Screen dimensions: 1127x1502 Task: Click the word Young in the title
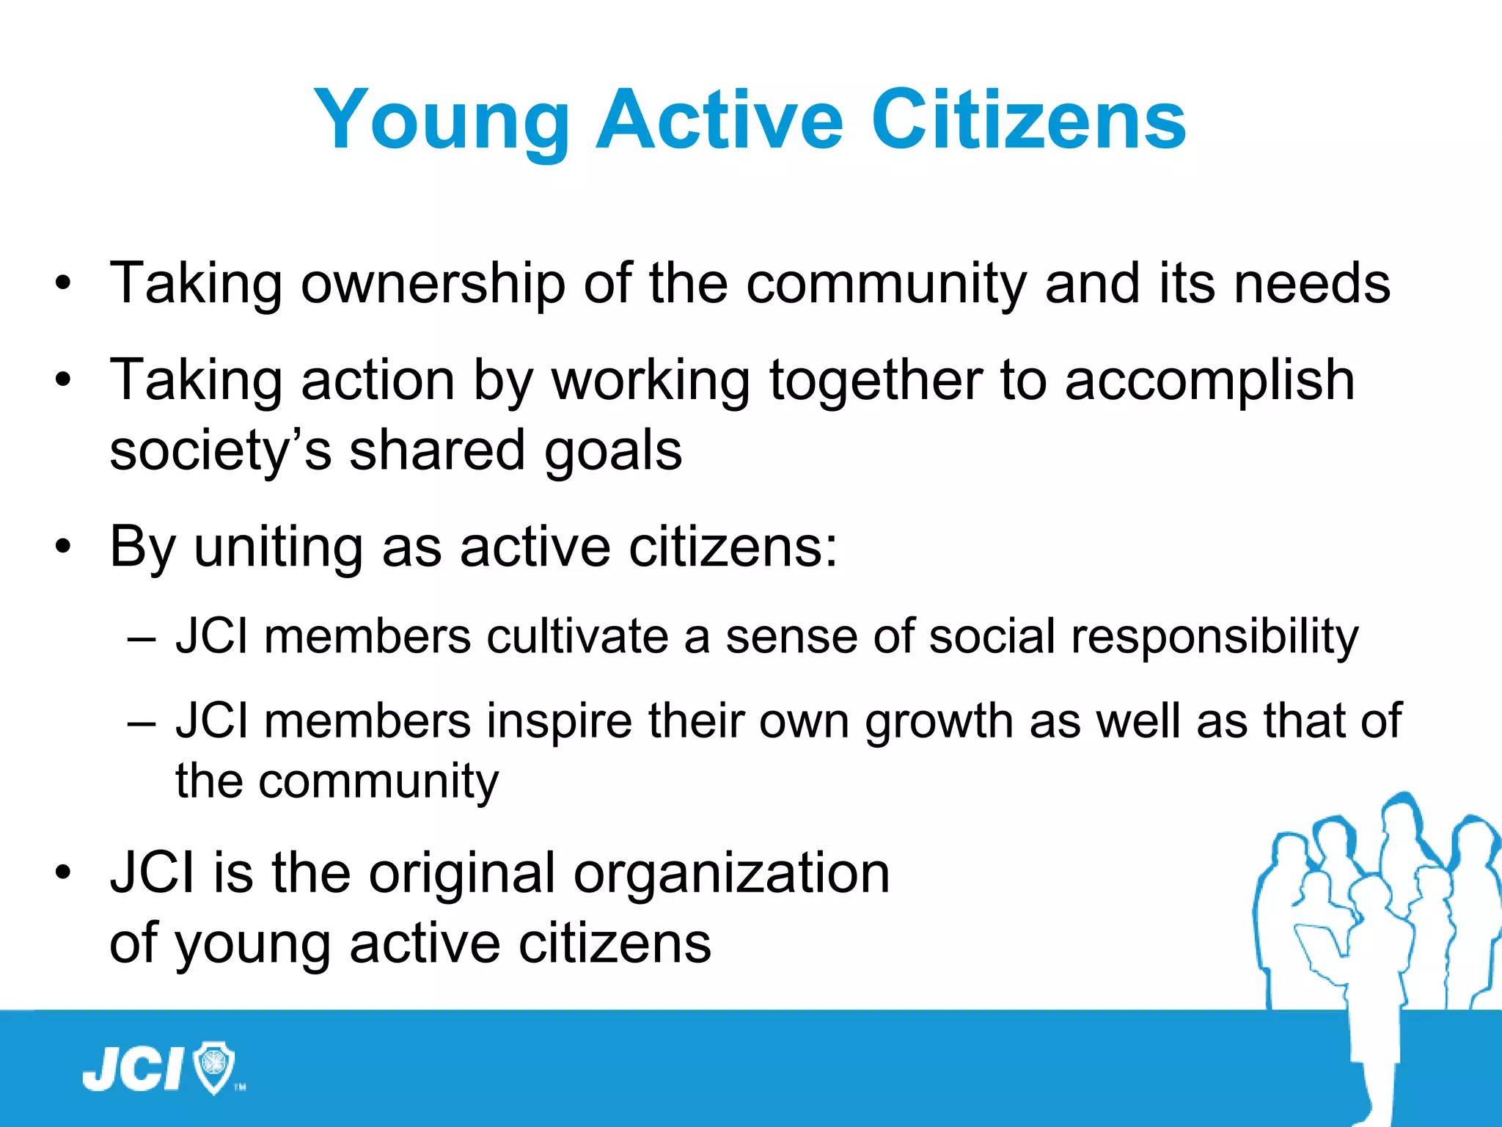pos(441,121)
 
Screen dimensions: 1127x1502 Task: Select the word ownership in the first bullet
pos(433,284)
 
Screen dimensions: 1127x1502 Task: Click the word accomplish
pos(1209,381)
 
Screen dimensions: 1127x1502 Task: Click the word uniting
pos(279,548)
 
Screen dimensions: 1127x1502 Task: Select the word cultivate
pos(577,636)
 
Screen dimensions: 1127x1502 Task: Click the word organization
pos(731,875)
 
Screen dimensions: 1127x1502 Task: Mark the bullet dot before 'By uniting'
pos(64,547)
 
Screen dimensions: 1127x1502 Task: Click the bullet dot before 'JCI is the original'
pos(64,874)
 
